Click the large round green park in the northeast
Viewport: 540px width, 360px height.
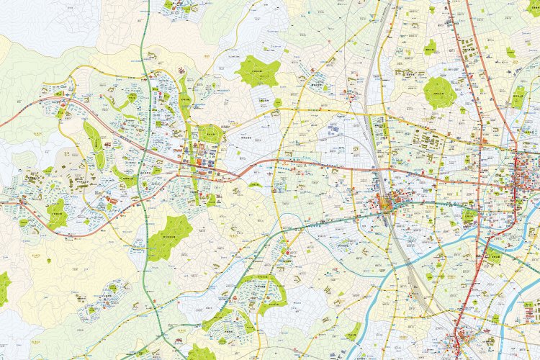[439, 92]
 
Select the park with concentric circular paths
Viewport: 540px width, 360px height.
[210, 133]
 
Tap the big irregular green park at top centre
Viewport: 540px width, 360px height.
[257, 71]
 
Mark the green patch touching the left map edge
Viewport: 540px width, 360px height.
[4, 287]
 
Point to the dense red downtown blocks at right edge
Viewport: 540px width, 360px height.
[524, 180]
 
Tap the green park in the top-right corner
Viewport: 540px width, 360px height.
[533, 9]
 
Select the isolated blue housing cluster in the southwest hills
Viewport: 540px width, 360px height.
[97, 310]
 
